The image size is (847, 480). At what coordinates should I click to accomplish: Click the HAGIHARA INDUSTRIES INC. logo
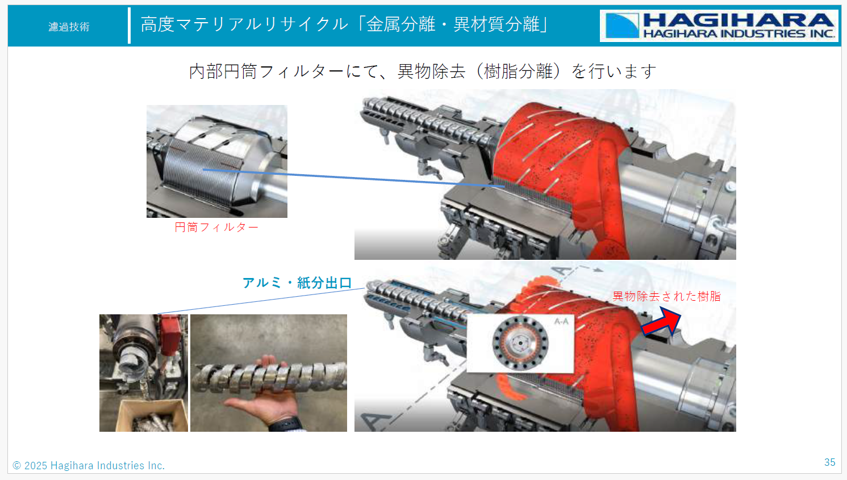coord(719,26)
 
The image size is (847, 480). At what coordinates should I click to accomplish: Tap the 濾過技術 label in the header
coord(69,27)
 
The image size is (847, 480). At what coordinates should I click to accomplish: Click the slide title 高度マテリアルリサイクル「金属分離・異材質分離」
coord(344,24)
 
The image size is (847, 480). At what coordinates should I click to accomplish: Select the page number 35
coord(829,462)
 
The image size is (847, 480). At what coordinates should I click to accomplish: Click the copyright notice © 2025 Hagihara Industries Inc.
coord(89,465)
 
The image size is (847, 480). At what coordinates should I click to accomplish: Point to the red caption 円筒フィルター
coord(216,228)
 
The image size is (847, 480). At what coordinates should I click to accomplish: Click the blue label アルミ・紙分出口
coord(297,283)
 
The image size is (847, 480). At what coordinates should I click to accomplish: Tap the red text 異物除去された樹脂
coord(666,297)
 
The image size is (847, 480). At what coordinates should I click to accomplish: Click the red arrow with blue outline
coord(662,322)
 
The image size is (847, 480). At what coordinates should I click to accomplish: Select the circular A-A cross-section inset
coord(520,343)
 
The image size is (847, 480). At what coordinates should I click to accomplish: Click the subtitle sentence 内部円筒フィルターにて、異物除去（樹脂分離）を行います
coord(423,71)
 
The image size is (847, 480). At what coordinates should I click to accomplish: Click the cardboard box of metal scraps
coord(152,416)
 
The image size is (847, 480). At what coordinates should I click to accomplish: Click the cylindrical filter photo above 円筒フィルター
coord(216,161)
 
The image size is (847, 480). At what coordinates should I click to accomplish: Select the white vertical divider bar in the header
coord(130,26)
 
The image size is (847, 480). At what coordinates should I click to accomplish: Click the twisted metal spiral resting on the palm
coord(269,378)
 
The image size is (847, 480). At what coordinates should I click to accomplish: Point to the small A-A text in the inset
coord(561,322)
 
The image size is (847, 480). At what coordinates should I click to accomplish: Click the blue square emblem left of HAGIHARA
coord(622,26)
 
